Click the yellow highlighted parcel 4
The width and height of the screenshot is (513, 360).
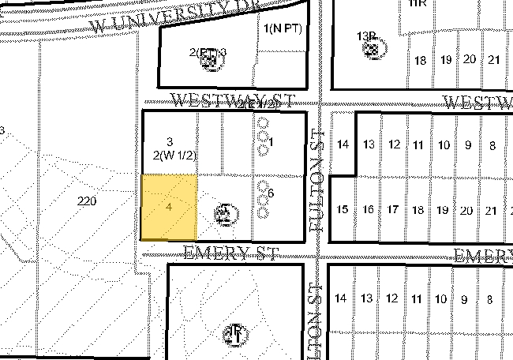[169, 208]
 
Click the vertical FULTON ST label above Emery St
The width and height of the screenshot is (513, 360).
[318, 184]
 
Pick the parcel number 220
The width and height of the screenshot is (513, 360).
[87, 201]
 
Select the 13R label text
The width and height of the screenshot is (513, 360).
[365, 36]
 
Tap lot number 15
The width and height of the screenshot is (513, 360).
[343, 210]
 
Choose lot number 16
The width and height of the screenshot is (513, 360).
[368, 210]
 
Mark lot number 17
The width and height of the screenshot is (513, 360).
[393, 210]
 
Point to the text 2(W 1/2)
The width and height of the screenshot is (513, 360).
[175, 156]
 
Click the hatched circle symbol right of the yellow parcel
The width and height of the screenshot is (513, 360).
[223, 212]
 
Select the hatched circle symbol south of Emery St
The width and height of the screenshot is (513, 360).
[234, 333]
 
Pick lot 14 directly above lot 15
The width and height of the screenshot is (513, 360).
[343, 144]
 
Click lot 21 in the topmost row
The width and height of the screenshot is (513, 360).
[494, 60]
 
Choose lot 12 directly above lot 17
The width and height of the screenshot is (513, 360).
[393, 144]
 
